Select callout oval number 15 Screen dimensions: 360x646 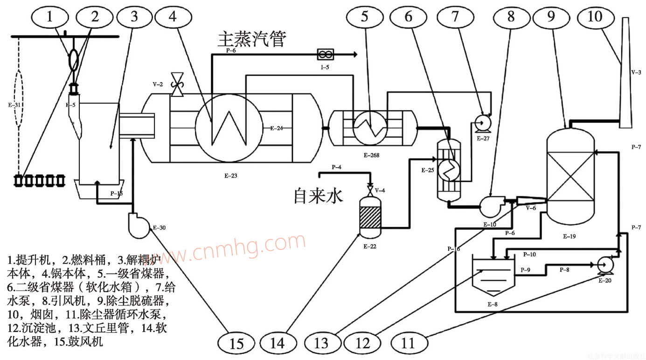(x=236, y=344)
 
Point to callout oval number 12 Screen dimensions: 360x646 (x=363, y=344)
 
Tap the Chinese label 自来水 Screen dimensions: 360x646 (x=318, y=195)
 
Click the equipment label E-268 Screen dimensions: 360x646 (x=372, y=154)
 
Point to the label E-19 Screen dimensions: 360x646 (x=569, y=236)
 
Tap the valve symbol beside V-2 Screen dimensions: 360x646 (x=177, y=85)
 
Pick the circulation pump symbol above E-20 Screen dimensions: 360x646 (x=605, y=264)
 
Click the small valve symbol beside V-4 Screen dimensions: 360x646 (x=370, y=190)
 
